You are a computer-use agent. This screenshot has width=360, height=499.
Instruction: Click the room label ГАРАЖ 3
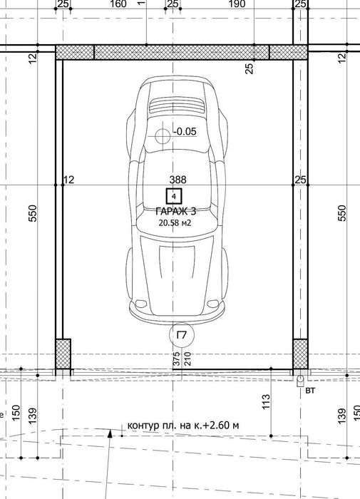click(174, 211)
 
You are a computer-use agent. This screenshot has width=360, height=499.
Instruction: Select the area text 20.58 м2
click(174, 222)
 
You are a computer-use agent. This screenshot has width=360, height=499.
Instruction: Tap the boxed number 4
click(174, 195)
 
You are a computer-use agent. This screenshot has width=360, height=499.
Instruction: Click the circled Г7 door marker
click(181, 335)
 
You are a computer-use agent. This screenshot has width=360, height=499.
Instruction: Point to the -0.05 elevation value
click(185, 131)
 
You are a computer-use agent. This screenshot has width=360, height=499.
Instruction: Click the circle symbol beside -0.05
click(163, 135)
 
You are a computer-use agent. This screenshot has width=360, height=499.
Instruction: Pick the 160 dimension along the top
click(118, 4)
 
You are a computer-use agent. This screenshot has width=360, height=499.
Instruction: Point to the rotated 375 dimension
click(176, 359)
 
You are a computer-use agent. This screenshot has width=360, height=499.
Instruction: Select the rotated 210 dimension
click(187, 359)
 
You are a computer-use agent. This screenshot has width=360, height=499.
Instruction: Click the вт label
click(309, 391)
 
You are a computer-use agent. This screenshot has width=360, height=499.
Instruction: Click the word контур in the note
click(143, 426)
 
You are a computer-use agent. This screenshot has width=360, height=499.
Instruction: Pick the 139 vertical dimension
click(32, 415)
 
